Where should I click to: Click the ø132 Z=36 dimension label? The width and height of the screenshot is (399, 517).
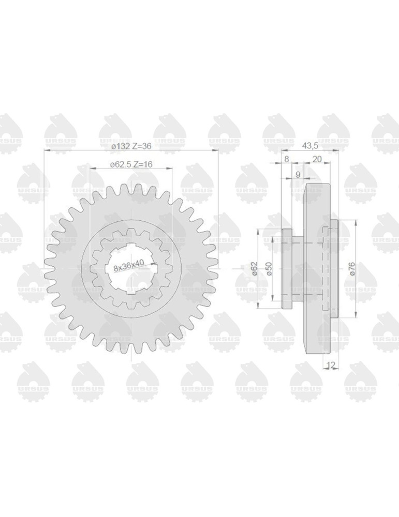coord(131,146)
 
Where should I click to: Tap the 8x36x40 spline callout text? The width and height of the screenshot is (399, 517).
coord(128,266)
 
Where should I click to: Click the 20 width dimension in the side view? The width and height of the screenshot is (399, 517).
coord(317,159)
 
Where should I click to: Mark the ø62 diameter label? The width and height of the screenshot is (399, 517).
coord(254,269)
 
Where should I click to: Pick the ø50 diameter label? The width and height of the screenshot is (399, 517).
coord(268,269)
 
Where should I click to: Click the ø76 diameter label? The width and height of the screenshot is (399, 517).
coord(352,269)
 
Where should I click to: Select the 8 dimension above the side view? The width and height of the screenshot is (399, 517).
coord(287,159)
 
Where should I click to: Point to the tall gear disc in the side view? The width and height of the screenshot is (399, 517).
coord(317,269)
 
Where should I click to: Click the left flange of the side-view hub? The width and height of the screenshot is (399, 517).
coord(286,269)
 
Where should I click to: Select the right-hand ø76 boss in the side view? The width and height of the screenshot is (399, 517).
coord(334,269)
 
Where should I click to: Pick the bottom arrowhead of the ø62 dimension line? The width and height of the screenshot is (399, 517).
coord(258,308)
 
